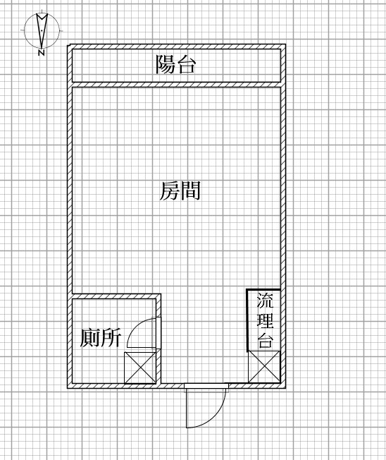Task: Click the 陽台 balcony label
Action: (x=175, y=64)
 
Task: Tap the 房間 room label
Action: (x=180, y=190)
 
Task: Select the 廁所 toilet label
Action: (x=101, y=338)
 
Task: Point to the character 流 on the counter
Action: (x=265, y=300)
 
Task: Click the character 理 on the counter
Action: (x=265, y=320)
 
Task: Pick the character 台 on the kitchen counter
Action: (x=265, y=340)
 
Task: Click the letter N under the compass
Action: (x=42, y=53)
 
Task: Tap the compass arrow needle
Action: (x=42, y=30)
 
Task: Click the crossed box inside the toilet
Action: (x=140, y=368)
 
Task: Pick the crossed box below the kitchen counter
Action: (x=264, y=367)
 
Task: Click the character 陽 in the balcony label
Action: (x=165, y=64)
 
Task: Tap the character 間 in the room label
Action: (x=190, y=190)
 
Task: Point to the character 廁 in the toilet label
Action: (x=90, y=338)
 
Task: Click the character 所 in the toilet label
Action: (x=111, y=338)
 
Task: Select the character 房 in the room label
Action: (x=170, y=190)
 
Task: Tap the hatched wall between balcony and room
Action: (x=176, y=85)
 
